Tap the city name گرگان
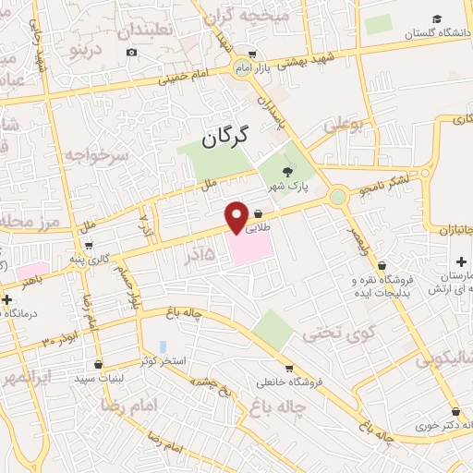pos(226,139)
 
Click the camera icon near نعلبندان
pos(132,52)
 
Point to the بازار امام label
pos(230,69)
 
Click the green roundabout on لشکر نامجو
pos(338,196)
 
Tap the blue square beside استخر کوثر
pos(164,346)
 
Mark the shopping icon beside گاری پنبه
pos(88,246)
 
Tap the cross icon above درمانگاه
pos(7,299)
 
